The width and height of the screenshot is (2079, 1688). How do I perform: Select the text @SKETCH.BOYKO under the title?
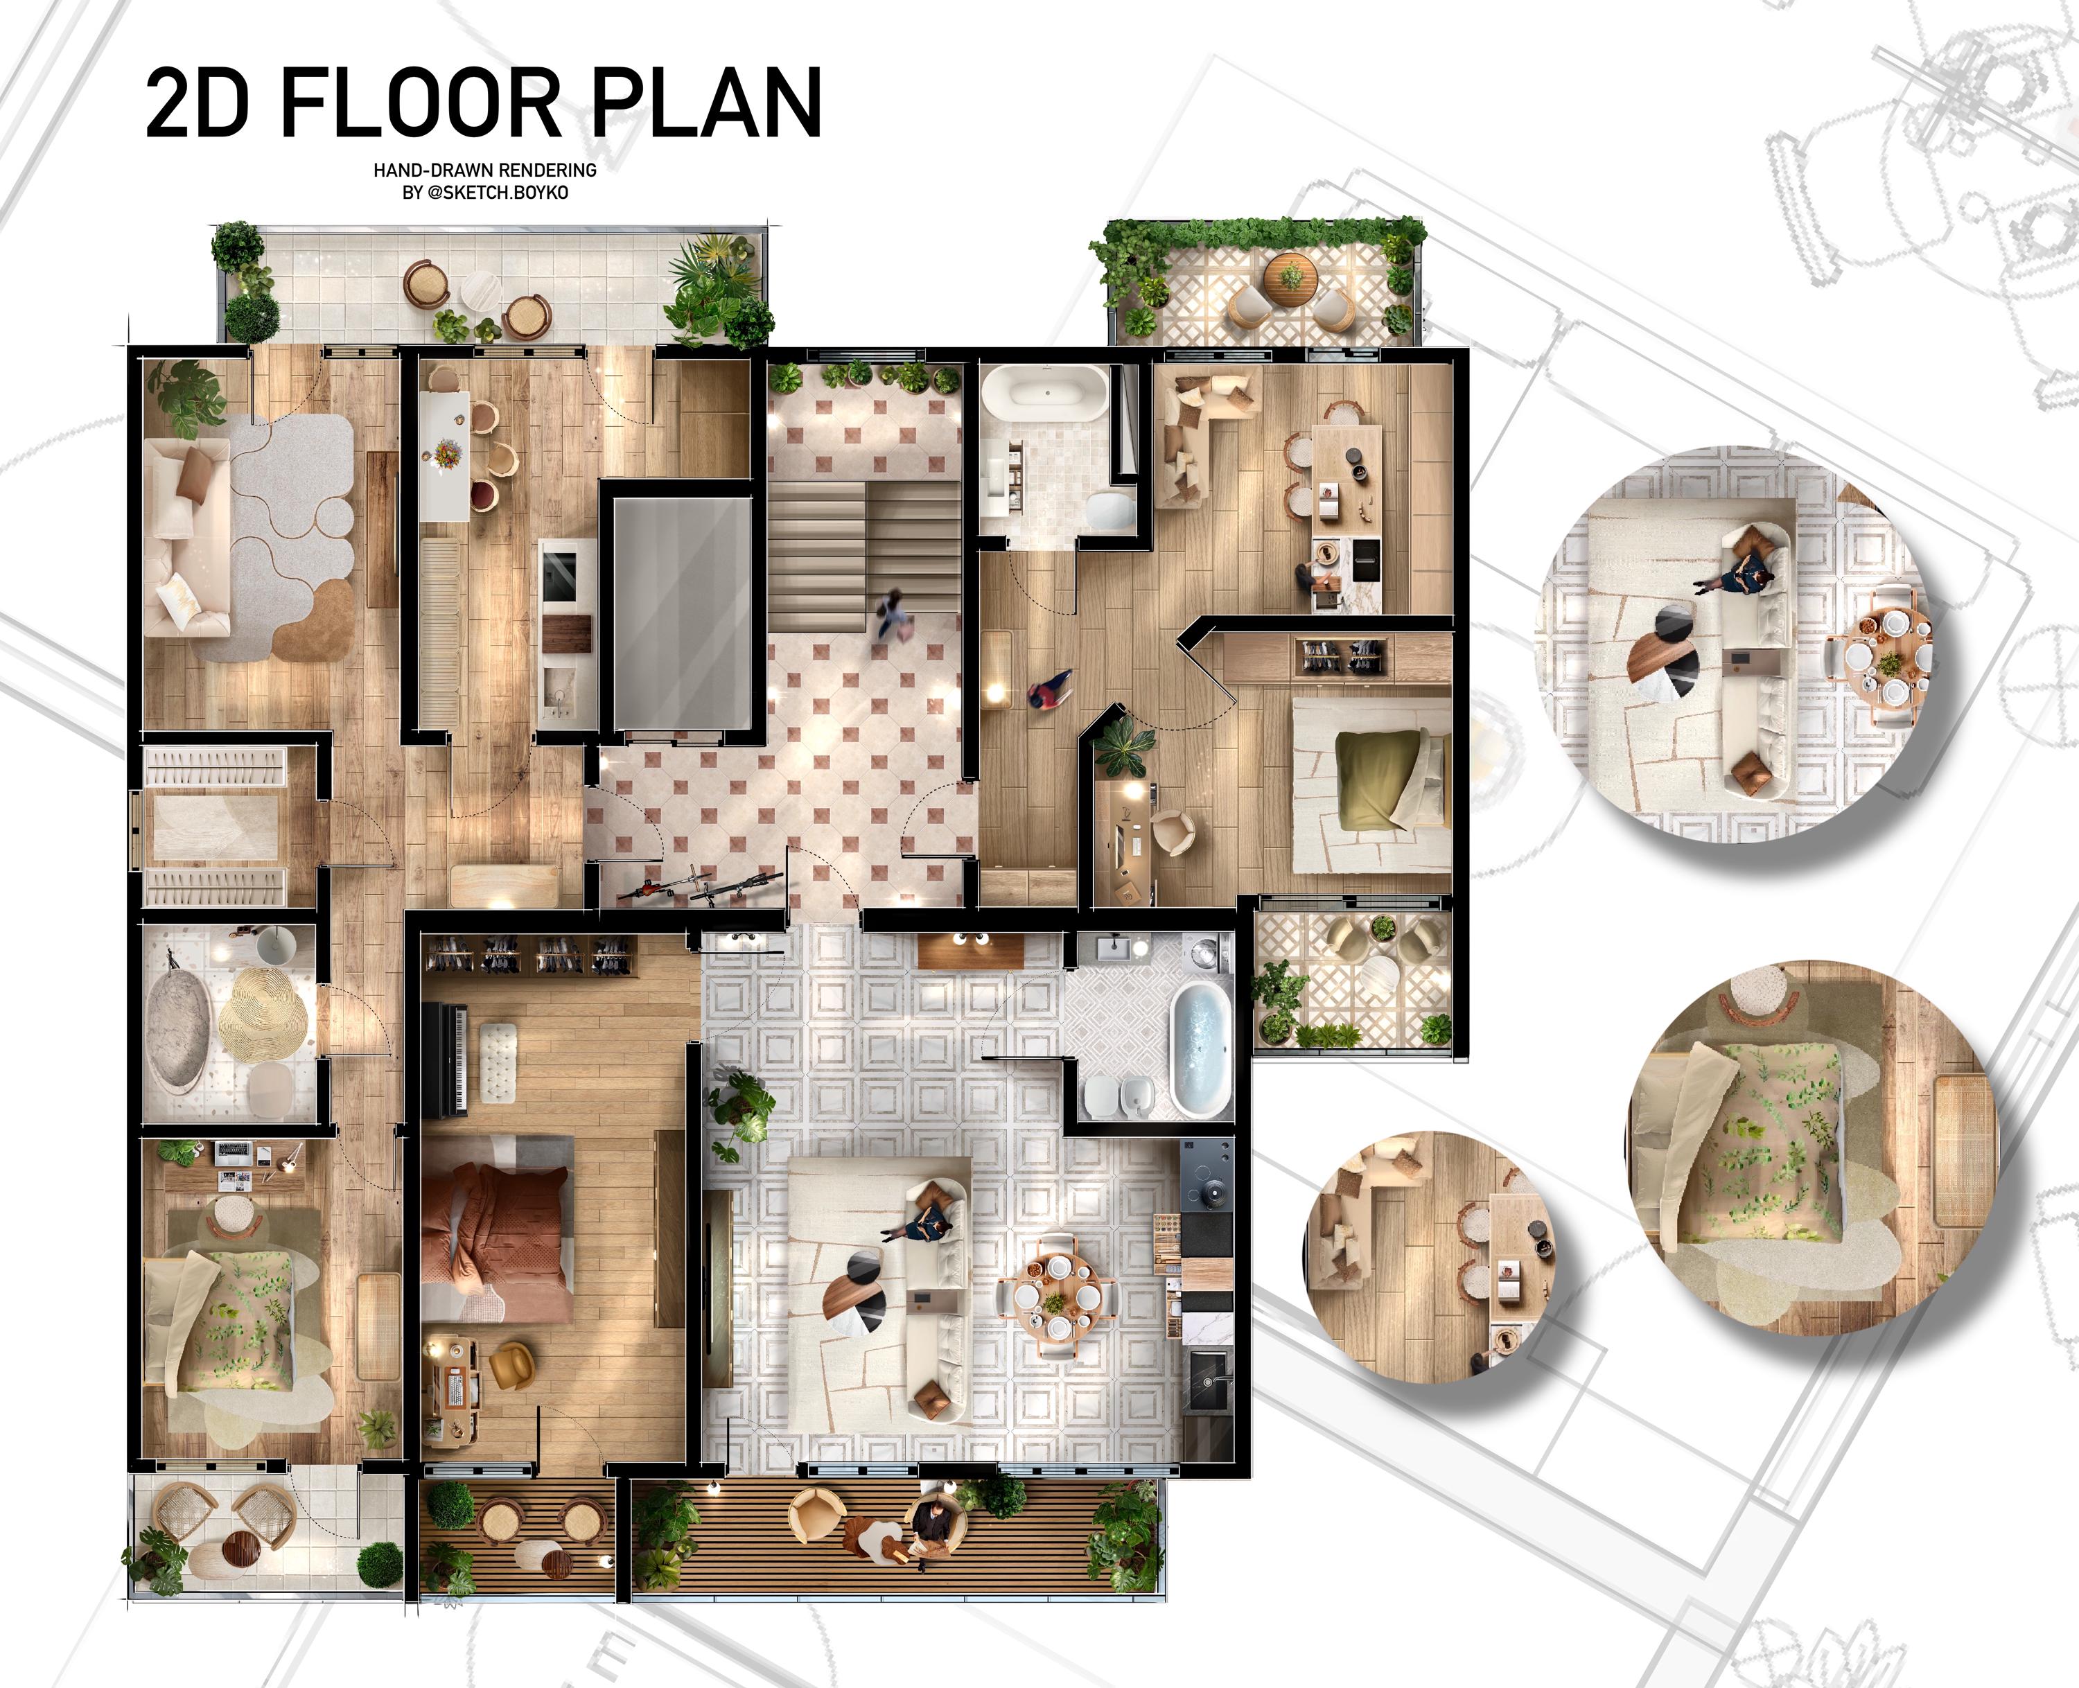[x=498, y=193]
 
